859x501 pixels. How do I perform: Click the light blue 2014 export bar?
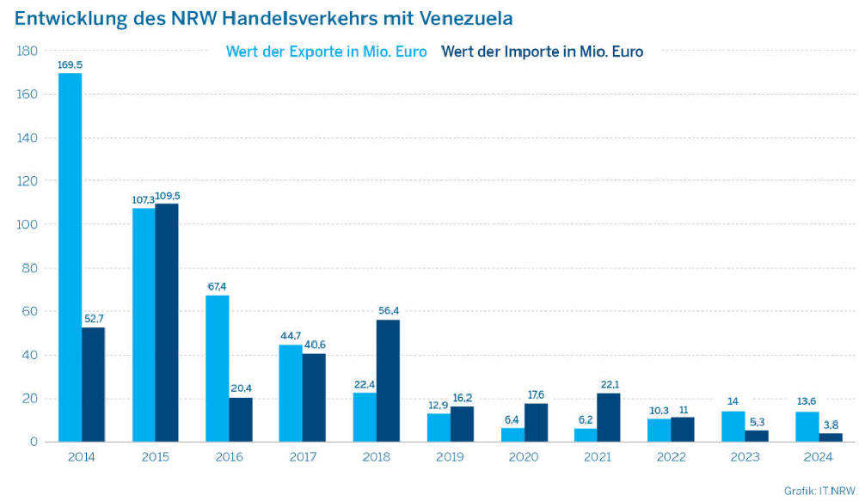[x=70, y=258]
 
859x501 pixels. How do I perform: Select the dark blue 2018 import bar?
[x=389, y=381]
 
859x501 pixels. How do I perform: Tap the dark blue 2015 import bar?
[x=167, y=322]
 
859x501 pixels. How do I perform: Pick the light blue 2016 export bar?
[x=218, y=369]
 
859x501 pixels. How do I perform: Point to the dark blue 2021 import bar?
[x=610, y=418]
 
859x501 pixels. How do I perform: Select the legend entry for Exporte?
[x=326, y=52]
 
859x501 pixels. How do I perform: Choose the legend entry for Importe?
[x=542, y=52]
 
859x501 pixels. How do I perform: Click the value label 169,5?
[x=70, y=64]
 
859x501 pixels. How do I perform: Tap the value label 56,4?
[x=389, y=310]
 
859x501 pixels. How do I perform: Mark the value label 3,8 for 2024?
[x=831, y=424]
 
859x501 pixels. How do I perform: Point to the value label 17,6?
[x=537, y=394]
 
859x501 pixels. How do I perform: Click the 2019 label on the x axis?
[x=450, y=456]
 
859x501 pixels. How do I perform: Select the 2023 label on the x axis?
[x=745, y=456]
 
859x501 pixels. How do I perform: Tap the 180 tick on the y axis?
[x=27, y=52]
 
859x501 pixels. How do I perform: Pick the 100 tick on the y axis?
[x=27, y=225]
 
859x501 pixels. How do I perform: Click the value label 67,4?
[x=218, y=286]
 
